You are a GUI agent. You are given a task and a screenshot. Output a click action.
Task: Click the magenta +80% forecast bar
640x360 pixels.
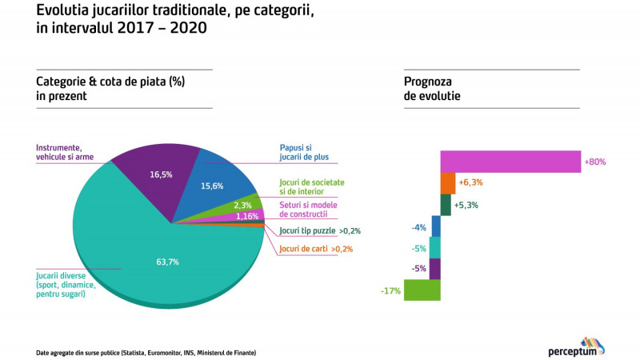(510, 162)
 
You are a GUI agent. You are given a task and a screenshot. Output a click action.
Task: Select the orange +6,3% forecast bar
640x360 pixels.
(447, 183)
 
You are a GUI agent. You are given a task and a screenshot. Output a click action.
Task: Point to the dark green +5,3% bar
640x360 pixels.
(446, 205)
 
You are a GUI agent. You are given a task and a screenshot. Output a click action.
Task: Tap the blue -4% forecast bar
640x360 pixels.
(436, 226)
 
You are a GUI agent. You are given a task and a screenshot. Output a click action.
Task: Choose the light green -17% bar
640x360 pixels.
(422, 290)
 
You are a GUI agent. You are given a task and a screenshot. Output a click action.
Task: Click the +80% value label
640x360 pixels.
(595, 162)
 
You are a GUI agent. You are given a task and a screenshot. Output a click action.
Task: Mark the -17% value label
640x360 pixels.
(391, 290)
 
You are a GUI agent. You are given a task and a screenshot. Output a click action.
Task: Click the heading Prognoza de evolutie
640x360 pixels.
(433, 88)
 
